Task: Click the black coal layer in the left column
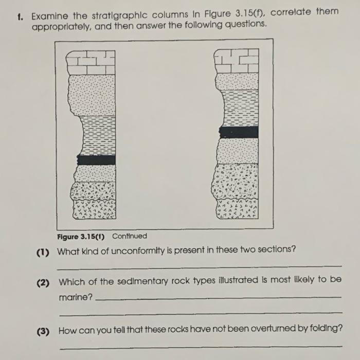point(96,160)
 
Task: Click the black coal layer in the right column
point(238,132)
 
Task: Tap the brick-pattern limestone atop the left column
point(91,63)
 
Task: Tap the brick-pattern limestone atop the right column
point(236,61)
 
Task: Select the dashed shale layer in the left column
point(96,135)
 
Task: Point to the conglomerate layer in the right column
point(236,182)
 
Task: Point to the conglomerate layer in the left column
point(94,191)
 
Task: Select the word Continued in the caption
point(129,236)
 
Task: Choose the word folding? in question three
point(322,328)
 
